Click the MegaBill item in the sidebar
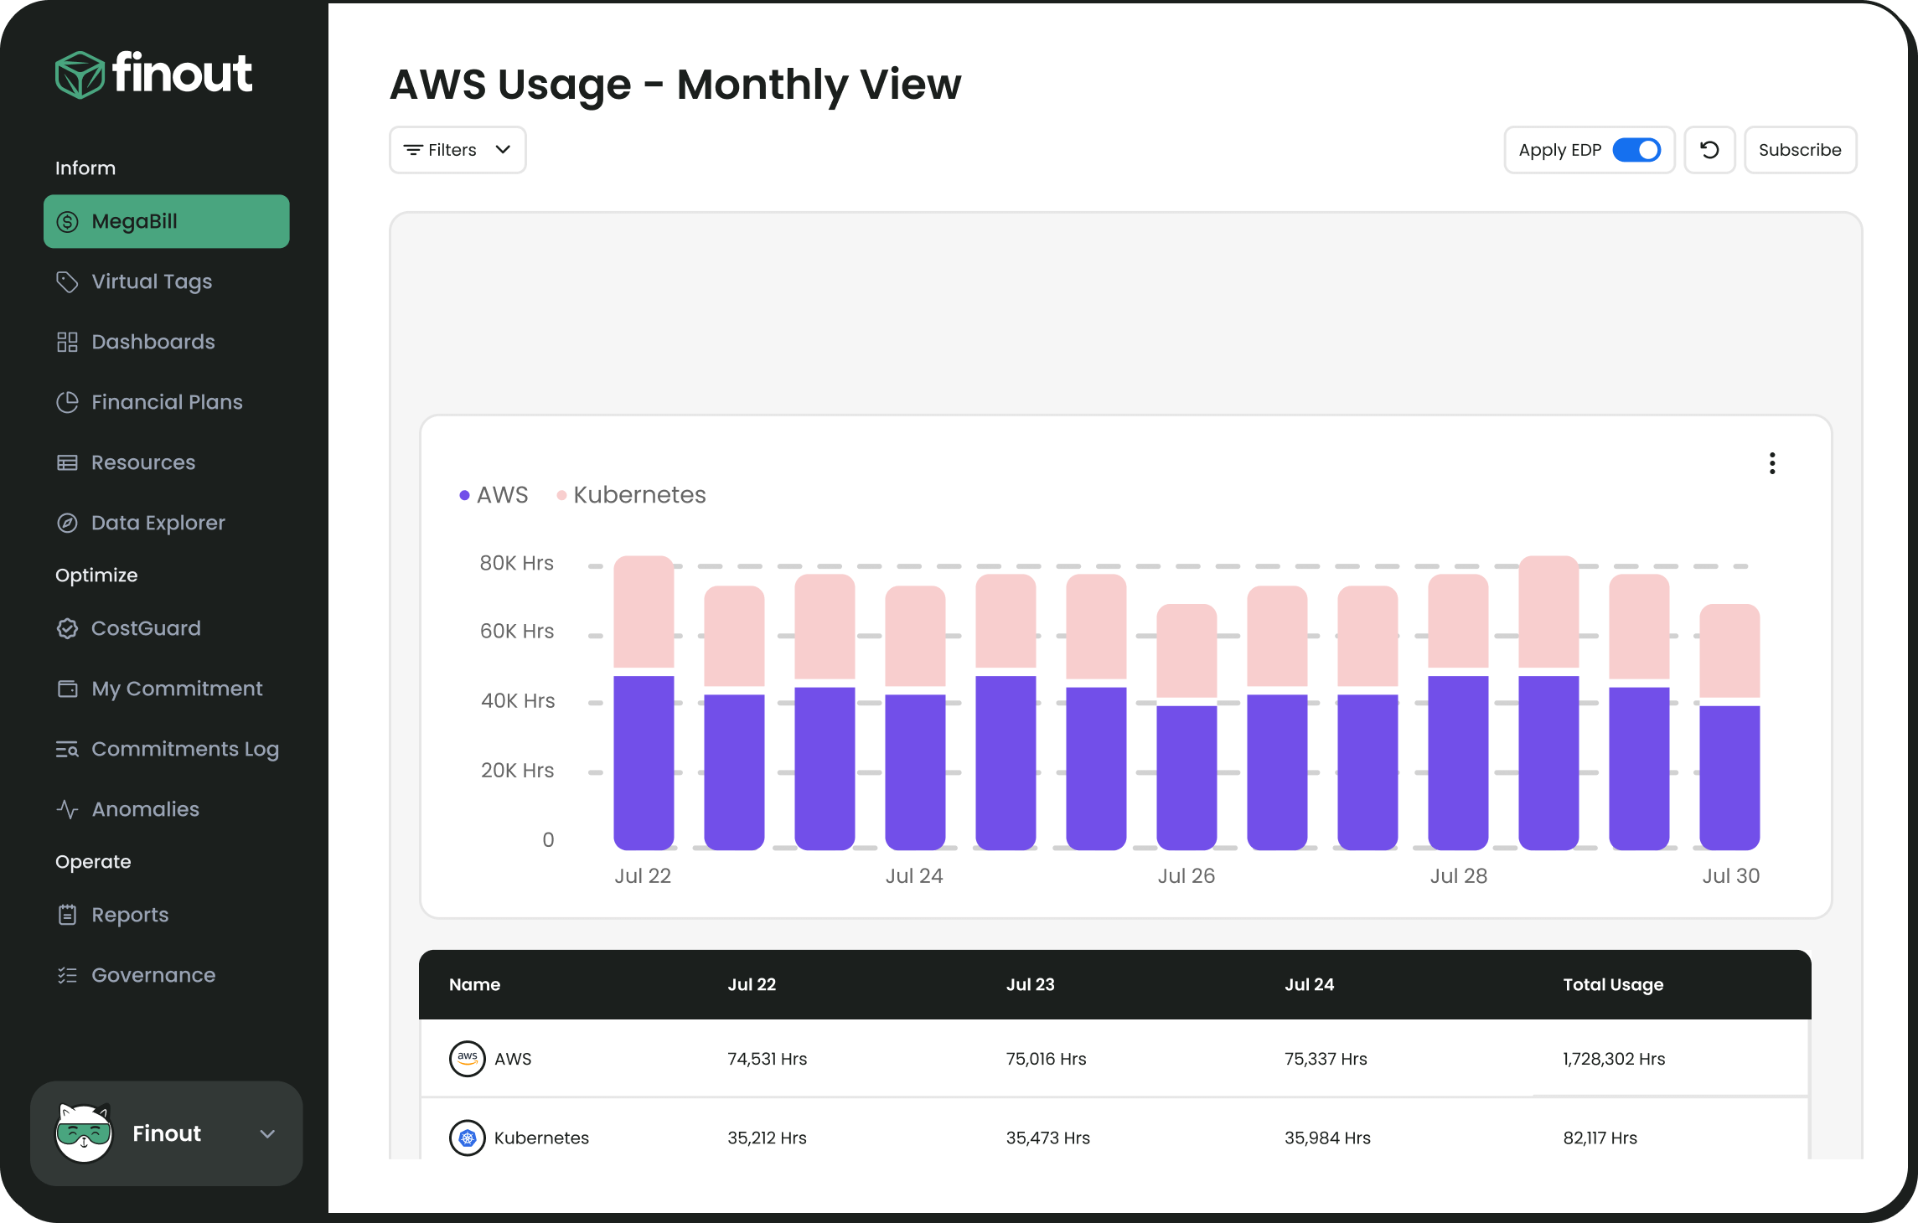tap(166, 221)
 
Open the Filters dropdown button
tap(458, 150)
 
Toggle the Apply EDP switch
tap(1636, 150)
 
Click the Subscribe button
tap(1799, 150)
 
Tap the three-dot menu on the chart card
tap(1771, 463)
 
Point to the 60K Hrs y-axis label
tap(516, 632)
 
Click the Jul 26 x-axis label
tap(1186, 876)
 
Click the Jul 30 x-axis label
tap(1730, 876)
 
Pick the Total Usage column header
tap(1612, 985)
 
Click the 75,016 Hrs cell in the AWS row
tap(1046, 1059)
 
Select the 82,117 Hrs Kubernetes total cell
tap(1600, 1138)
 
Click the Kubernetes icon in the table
tap(468, 1138)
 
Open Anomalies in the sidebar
tap(145, 809)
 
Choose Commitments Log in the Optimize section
tap(184, 749)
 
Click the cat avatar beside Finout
tap(84, 1133)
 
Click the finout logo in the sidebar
tap(154, 74)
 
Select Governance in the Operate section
tap(153, 975)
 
